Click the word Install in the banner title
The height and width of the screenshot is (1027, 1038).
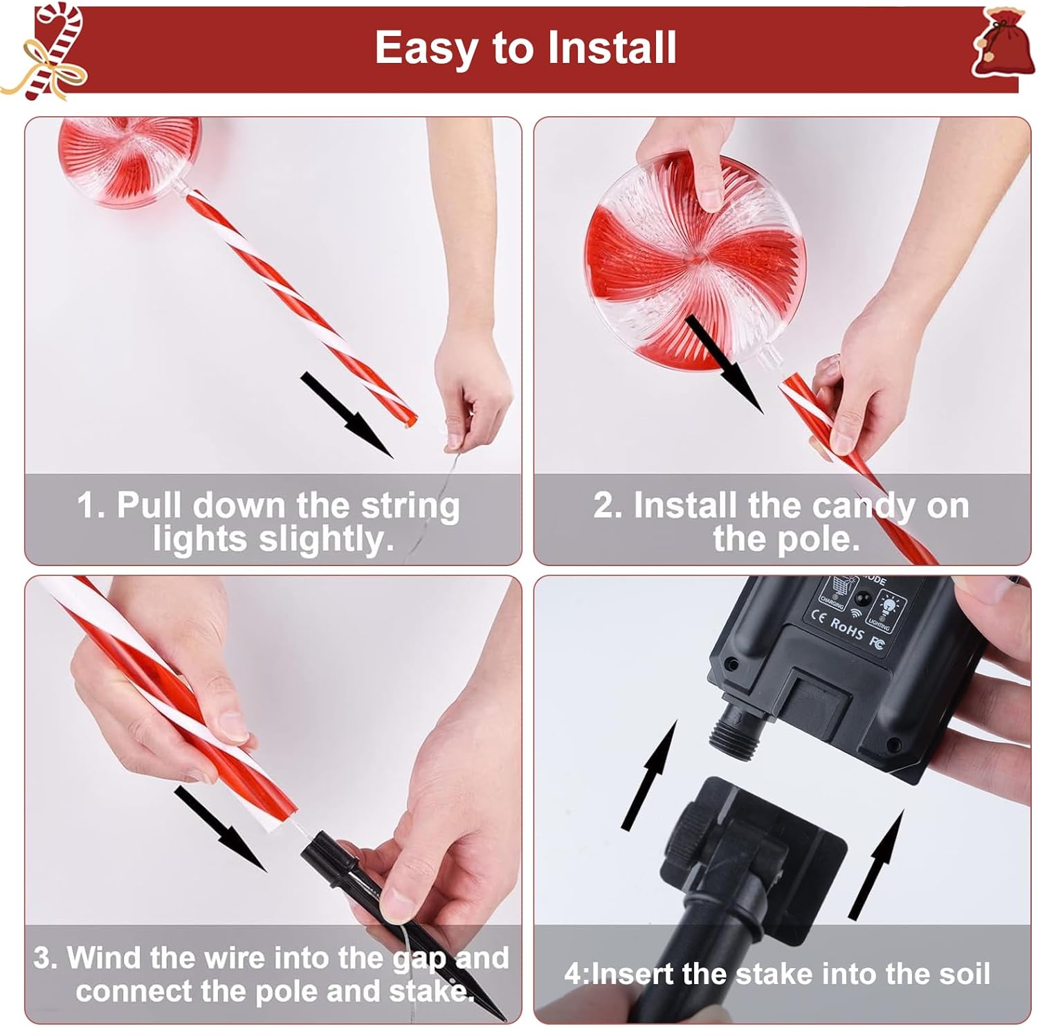click(611, 47)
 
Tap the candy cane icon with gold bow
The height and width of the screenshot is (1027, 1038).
click(45, 52)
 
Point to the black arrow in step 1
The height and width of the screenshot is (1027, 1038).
click(346, 414)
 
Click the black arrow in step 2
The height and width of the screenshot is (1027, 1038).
click(725, 363)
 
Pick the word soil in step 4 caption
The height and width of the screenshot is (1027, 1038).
click(964, 974)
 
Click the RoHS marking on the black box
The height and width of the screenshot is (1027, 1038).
click(846, 628)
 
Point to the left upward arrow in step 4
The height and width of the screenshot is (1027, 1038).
click(648, 774)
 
